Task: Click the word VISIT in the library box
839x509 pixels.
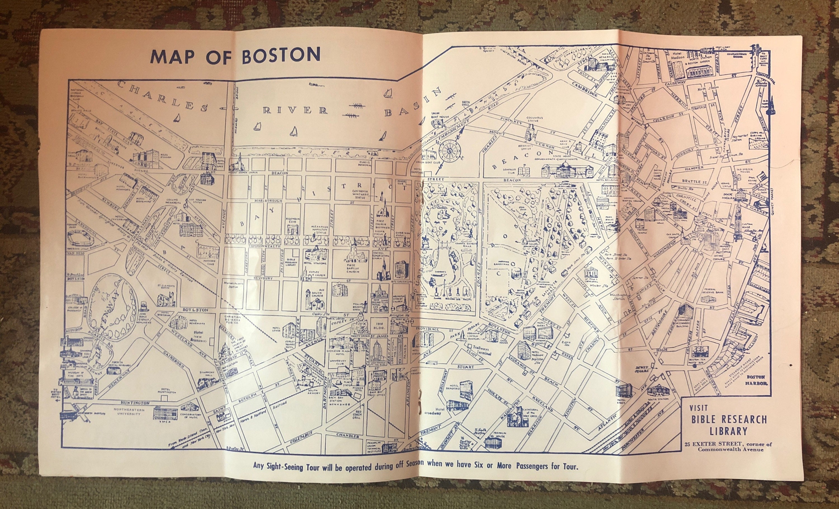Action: click(699, 408)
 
